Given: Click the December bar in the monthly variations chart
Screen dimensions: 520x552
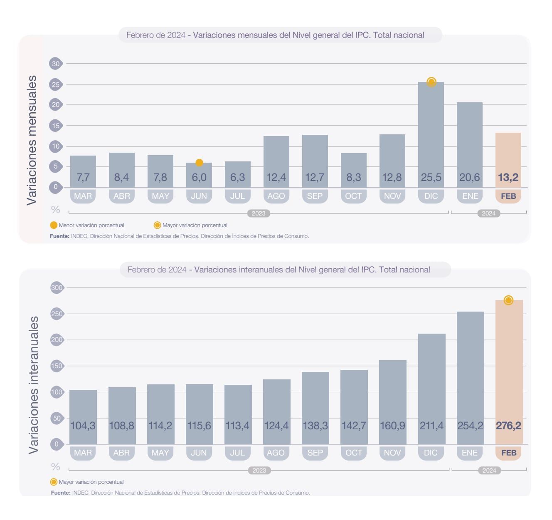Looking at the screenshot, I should [431, 133].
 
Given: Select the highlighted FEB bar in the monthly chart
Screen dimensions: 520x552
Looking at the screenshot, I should [508, 154].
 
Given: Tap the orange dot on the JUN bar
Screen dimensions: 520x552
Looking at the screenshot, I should [199, 163].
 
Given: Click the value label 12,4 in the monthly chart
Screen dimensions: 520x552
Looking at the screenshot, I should [276, 178].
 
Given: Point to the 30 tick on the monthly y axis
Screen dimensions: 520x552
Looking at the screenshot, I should [55, 64].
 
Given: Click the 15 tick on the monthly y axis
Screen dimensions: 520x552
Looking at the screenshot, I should [55, 126].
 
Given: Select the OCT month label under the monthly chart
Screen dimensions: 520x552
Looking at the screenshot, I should [353, 196].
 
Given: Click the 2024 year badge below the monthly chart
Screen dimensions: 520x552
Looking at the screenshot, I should [488, 213].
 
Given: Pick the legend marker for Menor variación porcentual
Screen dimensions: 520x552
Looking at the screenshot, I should [54, 225].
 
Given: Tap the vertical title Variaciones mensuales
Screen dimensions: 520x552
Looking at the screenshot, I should [32, 140].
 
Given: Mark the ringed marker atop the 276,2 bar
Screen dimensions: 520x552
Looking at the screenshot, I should [508, 300].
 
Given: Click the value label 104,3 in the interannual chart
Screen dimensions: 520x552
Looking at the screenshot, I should [83, 426].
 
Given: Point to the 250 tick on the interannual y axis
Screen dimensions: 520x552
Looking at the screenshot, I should [57, 314].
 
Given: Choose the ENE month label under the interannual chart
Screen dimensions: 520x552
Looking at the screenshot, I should [470, 453].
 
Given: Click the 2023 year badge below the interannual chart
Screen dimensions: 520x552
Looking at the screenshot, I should [259, 470].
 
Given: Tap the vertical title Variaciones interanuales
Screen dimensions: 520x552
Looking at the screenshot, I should [33, 385].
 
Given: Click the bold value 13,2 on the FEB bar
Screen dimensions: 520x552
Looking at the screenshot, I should [508, 178].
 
